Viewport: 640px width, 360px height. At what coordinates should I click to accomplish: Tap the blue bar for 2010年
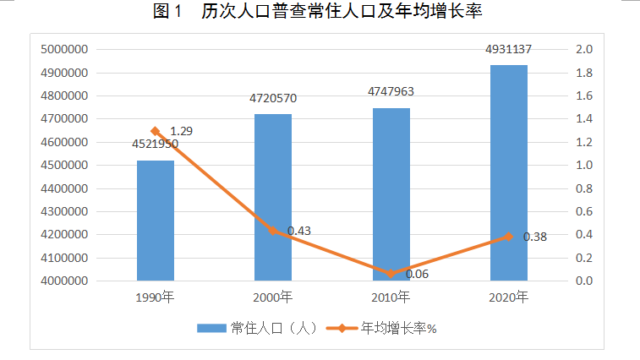[391, 194]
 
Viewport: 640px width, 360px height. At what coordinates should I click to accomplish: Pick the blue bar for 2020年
[508, 172]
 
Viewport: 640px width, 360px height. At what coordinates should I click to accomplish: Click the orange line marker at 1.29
[156, 131]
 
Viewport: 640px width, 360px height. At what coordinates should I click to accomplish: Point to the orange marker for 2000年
[273, 231]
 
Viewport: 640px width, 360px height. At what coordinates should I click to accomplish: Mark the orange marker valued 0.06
[391, 273]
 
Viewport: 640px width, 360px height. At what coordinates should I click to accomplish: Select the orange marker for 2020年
[508, 237]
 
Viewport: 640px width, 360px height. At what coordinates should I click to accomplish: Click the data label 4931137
[508, 51]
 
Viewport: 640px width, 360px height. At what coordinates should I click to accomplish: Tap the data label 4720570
[273, 98]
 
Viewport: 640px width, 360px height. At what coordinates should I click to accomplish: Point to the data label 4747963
[391, 92]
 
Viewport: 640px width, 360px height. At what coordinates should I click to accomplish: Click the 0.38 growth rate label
[535, 237]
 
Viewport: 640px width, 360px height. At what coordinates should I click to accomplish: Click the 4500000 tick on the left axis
[65, 166]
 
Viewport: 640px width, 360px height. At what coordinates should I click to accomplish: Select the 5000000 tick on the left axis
[65, 50]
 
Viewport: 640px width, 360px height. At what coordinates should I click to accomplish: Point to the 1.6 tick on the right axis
[584, 96]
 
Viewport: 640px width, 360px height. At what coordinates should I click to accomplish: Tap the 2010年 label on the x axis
[391, 297]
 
